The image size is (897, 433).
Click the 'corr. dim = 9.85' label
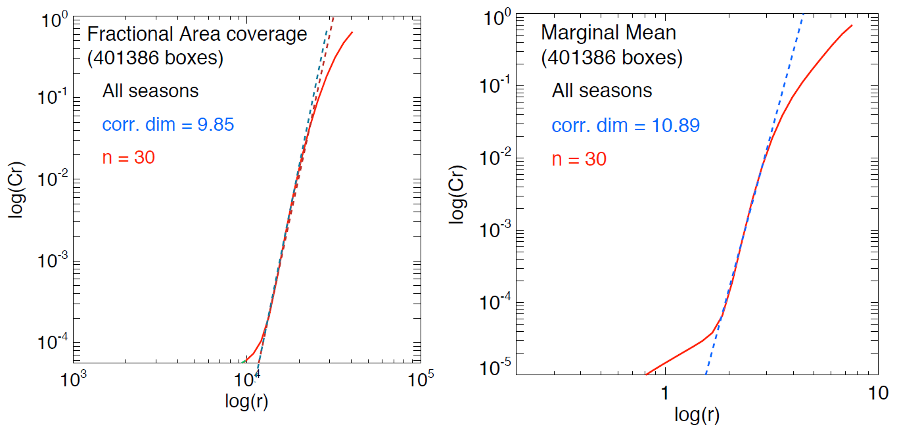pyautogui.click(x=168, y=124)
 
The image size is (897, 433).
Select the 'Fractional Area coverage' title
pyautogui.click(x=197, y=34)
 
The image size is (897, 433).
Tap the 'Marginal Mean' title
pyautogui.click(x=609, y=32)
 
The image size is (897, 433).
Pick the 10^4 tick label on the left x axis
pyautogui.click(x=246, y=380)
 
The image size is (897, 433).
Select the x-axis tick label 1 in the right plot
pyautogui.click(x=664, y=393)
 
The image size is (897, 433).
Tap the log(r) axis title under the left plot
pyautogui.click(x=246, y=403)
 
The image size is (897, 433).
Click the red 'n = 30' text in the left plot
pyautogui.click(x=129, y=158)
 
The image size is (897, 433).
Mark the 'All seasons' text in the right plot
pyautogui.click(x=602, y=91)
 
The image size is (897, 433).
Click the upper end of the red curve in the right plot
pyautogui.click(x=852, y=26)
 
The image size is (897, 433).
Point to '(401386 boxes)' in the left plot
pyautogui.click(x=156, y=58)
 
